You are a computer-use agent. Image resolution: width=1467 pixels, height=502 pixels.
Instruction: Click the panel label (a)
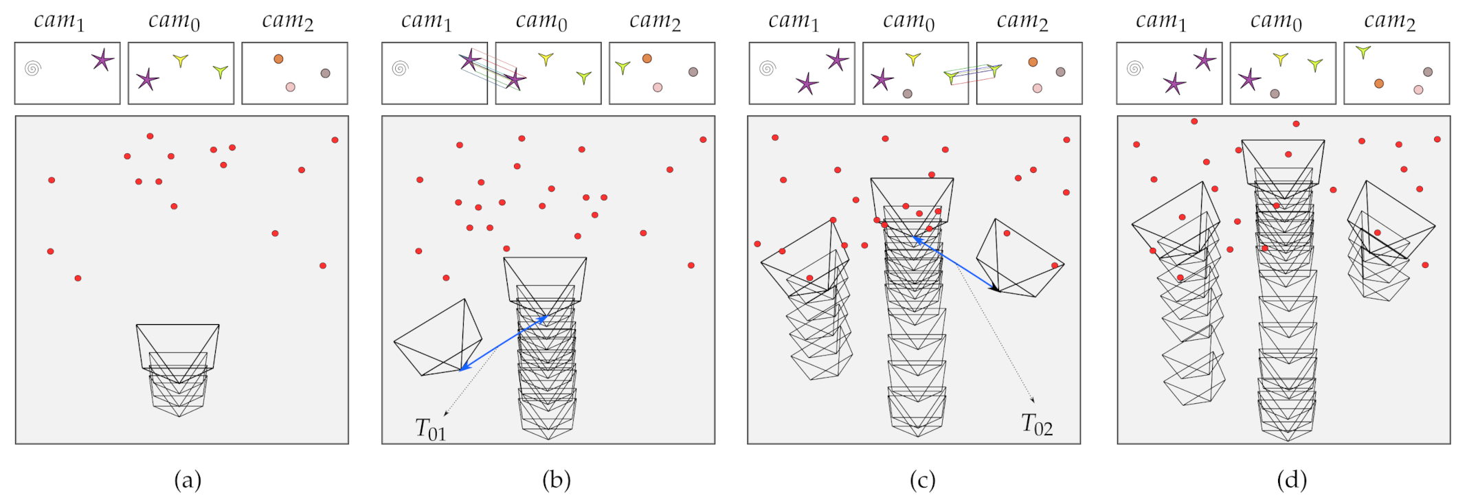188,480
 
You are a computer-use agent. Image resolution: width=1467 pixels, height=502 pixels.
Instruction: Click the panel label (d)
1291,480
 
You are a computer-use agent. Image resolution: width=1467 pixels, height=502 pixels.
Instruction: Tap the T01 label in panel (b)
431,429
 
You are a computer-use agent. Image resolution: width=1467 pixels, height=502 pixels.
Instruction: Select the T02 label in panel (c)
1036,424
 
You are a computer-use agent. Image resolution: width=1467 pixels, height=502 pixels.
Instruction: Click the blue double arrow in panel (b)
504,343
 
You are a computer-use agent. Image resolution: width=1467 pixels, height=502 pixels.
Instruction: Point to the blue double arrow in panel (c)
955,264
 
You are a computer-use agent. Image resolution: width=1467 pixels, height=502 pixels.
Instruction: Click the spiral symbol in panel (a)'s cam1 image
32,68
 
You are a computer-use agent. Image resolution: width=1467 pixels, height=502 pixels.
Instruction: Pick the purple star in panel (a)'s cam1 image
102,60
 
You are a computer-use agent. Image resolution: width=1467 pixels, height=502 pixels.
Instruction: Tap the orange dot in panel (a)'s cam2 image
278,59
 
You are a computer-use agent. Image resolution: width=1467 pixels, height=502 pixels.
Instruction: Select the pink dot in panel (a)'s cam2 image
291,87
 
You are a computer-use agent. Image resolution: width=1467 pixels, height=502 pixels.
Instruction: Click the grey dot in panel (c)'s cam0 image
908,93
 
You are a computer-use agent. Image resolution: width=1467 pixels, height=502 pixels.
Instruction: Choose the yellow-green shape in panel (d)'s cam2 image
1363,51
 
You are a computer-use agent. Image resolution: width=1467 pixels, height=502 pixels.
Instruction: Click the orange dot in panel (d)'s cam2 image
1379,84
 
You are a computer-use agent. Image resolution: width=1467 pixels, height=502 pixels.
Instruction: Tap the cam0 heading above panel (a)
175,22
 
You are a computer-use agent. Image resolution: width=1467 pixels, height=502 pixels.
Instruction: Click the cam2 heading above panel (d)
1389,22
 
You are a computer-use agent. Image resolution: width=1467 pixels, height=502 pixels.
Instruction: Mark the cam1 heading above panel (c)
794,22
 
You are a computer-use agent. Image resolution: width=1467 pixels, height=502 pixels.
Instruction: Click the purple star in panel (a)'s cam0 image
147,80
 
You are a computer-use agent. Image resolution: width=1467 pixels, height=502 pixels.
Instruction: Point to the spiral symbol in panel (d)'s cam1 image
1134,68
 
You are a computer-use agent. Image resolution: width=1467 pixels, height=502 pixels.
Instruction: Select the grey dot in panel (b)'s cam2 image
693,72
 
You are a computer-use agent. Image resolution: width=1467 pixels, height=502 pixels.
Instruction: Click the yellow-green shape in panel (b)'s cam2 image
623,67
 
